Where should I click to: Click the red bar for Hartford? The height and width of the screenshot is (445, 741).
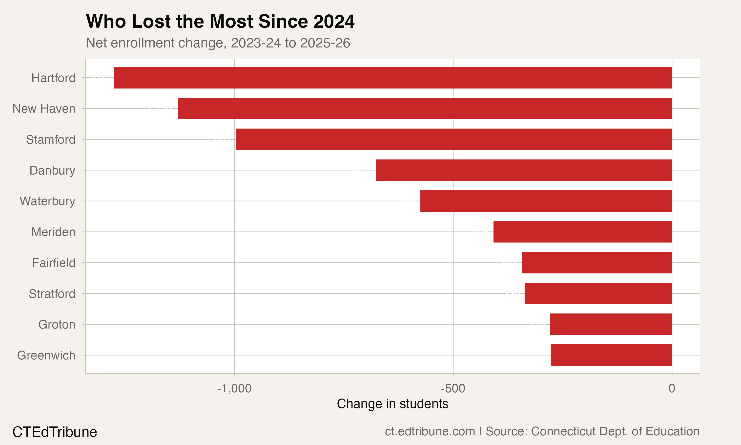(392, 78)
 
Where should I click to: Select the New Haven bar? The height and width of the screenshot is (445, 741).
(425, 109)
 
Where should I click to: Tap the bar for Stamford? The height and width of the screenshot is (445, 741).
(453, 139)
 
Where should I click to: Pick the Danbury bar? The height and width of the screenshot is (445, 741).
(524, 170)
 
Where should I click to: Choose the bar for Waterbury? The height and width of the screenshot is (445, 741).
(546, 201)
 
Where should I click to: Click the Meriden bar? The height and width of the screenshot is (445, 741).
(583, 232)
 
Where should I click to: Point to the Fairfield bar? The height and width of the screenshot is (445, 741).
(597, 263)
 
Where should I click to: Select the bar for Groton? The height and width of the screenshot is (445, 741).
(611, 324)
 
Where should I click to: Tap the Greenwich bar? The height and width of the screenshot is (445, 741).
(611, 355)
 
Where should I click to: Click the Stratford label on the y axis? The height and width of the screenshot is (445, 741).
(52, 294)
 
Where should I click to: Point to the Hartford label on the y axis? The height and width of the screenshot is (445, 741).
(53, 78)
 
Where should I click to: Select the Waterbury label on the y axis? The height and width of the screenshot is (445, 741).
(47, 201)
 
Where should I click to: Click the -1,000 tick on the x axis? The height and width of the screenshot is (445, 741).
(234, 389)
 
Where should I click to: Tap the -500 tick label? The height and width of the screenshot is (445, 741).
(453, 389)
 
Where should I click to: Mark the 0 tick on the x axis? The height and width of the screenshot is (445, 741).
(672, 389)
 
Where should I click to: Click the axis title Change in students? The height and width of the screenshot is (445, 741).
(392, 404)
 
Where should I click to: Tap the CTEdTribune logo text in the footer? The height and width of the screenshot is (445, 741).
(55, 432)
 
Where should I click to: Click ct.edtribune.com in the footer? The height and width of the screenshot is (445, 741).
(430, 431)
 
